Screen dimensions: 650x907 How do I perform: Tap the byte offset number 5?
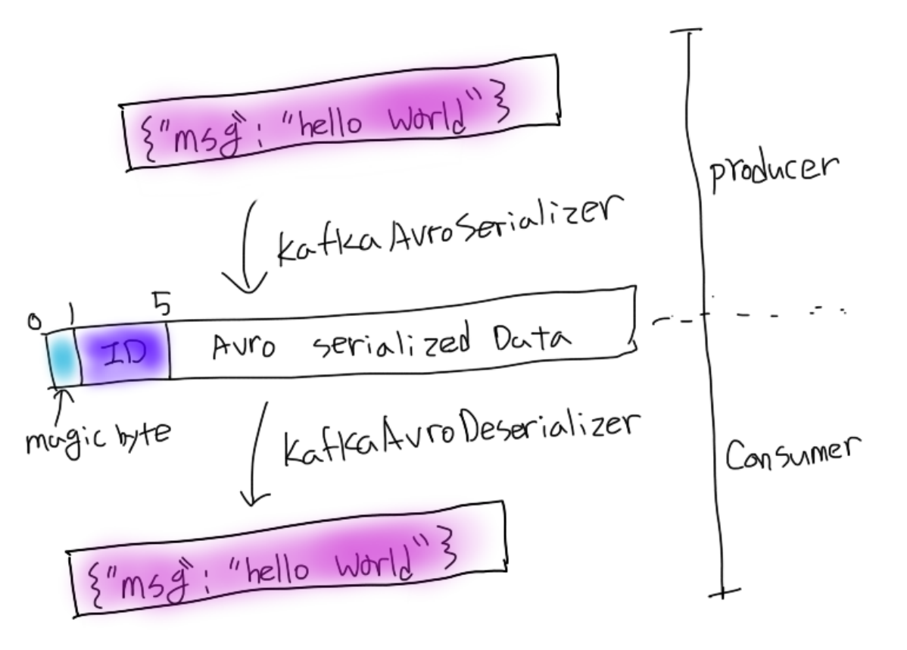161,307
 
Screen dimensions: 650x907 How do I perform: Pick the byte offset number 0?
33,321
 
